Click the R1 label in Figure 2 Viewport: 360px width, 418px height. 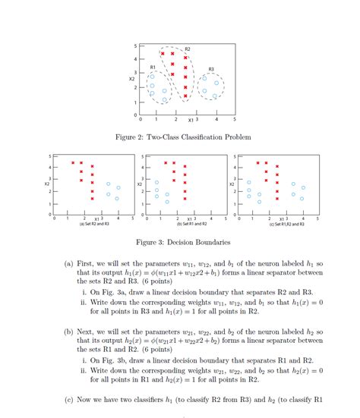(x=153, y=68)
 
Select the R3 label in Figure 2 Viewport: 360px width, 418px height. (x=211, y=69)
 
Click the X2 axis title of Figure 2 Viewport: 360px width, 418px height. (x=131, y=78)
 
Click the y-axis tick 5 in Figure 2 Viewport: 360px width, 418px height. (x=136, y=44)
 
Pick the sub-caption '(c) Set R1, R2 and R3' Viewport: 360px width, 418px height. (x=286, y=225)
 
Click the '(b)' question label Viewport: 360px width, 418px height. (x=69, y=332)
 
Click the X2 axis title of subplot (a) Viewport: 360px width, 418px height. (x=47, y=184)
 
